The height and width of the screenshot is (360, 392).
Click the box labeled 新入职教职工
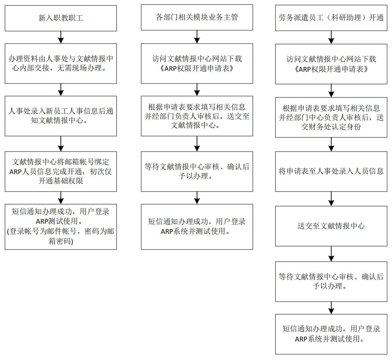tap(61, 18)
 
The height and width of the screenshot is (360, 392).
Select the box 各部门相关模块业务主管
tap(197, 17)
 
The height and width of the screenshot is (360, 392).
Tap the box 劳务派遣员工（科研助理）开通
tap(331, 18)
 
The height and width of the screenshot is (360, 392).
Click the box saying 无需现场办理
tap(61, 64)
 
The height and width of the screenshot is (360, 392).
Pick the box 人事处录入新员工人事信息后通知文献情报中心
tap(61, 116)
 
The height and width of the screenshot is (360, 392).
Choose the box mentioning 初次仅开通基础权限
tap(61, 172)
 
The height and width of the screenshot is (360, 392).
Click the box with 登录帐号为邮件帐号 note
tap(61, 227)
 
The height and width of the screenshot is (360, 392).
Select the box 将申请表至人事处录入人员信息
tap(331, 172)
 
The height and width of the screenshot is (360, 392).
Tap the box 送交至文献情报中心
tap(331, 226)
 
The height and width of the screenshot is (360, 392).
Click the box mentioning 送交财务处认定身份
tap(331, 117)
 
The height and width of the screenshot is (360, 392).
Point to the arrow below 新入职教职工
tap(61, 37)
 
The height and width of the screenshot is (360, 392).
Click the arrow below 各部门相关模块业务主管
tap(197, 37)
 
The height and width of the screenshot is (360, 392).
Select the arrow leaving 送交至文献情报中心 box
tap(331, 254)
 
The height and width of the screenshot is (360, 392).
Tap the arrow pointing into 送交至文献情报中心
tap(331, 199)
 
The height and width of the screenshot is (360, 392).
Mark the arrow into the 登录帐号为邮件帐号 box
tap(61, 198)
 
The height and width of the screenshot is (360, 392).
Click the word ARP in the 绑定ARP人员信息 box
tap(15, 172)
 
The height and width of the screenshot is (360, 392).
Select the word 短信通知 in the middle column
tap(163, 221)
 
